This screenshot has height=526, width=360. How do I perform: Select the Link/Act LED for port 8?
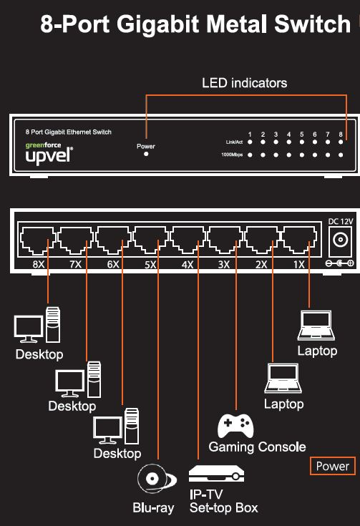coord(341,142)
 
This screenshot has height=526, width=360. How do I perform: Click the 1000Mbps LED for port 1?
coord(250,155)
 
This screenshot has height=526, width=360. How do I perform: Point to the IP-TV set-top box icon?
coord(218,474)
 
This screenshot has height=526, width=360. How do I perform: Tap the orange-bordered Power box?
coord(333,466)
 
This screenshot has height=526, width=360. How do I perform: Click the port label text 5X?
coord(149,265)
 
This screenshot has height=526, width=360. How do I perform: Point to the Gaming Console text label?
coord(257,447)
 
